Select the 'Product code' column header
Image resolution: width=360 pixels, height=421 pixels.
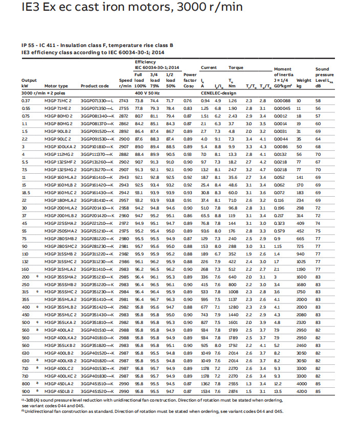(95, 86)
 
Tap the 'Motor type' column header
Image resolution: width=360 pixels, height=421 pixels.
(56, 86)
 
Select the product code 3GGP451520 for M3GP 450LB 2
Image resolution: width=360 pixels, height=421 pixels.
(96, 390)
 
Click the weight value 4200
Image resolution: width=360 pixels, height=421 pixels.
(304, 390)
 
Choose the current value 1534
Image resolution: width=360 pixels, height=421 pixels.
(206, 390)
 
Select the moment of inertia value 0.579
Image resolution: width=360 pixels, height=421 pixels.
(280, 231)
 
